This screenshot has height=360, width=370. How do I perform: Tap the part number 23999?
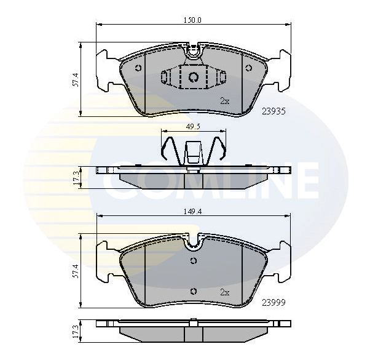pos(274,302)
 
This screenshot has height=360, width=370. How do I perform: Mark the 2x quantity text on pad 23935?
pos(224,101)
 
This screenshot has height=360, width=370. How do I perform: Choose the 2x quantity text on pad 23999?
pos(224,292)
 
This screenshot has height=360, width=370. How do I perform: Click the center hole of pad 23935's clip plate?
pos(193,77)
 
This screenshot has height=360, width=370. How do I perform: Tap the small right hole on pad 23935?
pos(249,68)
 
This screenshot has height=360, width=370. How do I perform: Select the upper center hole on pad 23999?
pos(193,260)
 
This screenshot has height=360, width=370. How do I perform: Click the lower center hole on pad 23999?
pos(193,291)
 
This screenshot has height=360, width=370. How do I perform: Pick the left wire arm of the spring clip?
pos(168,148)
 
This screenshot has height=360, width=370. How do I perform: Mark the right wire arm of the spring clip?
pos(218,148)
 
